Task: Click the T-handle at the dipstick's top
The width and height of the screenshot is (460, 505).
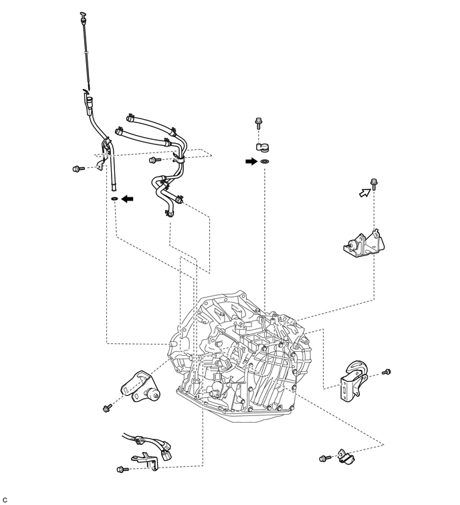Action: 83,15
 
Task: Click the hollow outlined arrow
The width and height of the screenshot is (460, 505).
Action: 364,193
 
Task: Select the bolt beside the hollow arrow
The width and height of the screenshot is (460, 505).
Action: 374,184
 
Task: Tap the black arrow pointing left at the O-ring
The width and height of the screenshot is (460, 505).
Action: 127,199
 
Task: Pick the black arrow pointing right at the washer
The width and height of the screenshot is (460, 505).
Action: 251,161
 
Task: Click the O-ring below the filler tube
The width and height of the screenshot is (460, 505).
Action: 114,199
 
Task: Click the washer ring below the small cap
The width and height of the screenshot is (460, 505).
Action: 265,161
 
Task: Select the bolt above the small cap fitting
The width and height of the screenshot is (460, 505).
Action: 258,122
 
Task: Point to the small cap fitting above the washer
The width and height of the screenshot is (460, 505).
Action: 263,147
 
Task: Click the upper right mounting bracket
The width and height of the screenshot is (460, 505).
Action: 364,245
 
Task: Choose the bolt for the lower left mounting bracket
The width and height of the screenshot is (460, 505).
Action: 107,407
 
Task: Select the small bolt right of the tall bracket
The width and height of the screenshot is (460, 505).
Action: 386,372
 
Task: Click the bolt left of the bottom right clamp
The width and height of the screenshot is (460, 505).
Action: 325,458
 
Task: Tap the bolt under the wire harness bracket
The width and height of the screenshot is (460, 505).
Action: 122,469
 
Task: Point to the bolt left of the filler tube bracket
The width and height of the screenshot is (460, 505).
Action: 78,168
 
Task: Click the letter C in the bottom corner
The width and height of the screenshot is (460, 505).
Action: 5,500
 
